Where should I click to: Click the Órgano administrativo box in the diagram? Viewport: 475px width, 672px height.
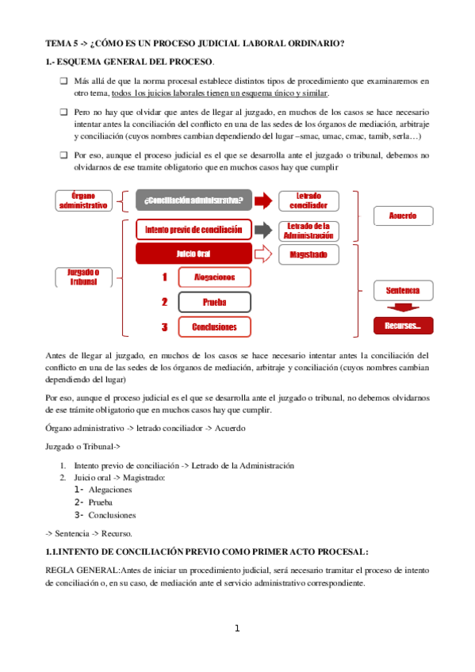coord(83,200)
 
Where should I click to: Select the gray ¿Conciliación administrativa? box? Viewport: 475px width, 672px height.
coord(194,200)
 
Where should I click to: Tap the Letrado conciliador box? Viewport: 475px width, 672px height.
coord(307,200)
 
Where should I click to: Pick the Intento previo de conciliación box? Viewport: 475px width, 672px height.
coord(193,230)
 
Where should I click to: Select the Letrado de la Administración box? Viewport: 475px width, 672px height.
coord(307,230)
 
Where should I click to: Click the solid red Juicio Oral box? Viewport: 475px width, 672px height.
coord(193,254)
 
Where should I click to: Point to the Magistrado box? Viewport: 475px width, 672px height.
coord(307,254)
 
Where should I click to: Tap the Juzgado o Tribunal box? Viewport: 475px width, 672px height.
coord(83,277)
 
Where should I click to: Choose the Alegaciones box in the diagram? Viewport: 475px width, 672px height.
coord(214,277)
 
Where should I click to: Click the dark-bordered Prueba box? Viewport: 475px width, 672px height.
coord(214,302)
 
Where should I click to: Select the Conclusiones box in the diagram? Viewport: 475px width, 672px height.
coord(214,326)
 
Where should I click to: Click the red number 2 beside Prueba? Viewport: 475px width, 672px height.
coord(164,302)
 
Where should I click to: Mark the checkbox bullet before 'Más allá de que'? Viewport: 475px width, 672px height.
coord(63,81)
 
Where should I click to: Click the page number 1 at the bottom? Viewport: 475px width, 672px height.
coord(236,628)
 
